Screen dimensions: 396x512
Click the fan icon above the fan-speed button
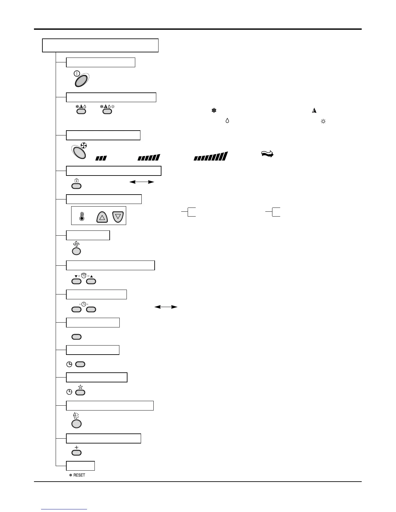click(x=83, y=146)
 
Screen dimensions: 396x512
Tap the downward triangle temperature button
click(x=118, y=217)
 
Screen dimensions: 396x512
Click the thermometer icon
click(x=82, y=217)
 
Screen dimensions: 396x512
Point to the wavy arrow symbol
click(x=267, y=154)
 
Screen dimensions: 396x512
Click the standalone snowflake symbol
click(x=214, y=111)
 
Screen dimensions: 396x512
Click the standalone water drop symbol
click(x=227, y=121)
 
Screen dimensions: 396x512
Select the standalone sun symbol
click(x=323, y=121)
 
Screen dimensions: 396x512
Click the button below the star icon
click(x=80, y=392)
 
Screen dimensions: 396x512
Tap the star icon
click(x=80, y=387)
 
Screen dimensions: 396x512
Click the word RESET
click(x=79, y=475)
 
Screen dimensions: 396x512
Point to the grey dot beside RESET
click(x=71, y=475)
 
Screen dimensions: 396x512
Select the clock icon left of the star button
click(x=69, y=392)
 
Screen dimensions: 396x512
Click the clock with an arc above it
click(x=84, y=276)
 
